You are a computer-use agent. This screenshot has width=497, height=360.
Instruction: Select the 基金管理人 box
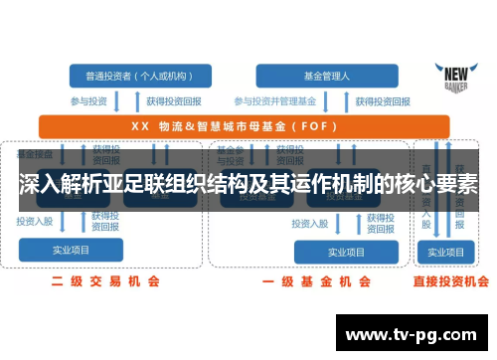click(x=318, y=75)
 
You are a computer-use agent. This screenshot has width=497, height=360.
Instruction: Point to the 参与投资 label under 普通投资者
click(x=89, y=100)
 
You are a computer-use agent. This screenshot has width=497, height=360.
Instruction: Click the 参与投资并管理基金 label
click(x=274, y=100)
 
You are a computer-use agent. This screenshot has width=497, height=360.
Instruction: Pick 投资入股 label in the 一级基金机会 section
click(x=311, y=224)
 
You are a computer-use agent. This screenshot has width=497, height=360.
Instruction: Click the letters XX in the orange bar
click(x=140, y=126)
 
